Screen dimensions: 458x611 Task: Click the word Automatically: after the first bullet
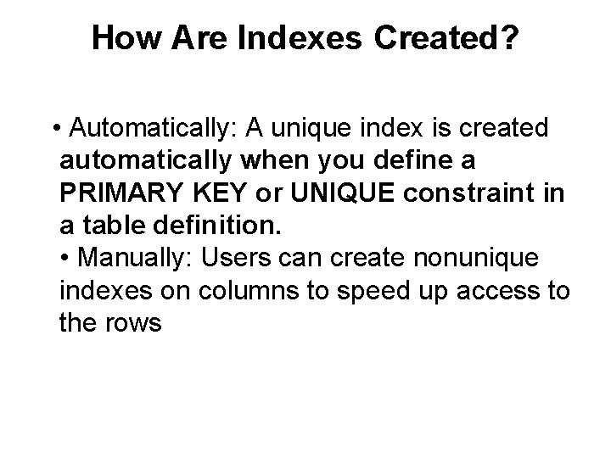[x=156, y=128]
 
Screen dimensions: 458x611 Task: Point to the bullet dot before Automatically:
[x=55, y=128]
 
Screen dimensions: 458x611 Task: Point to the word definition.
[x=221, y=225]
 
